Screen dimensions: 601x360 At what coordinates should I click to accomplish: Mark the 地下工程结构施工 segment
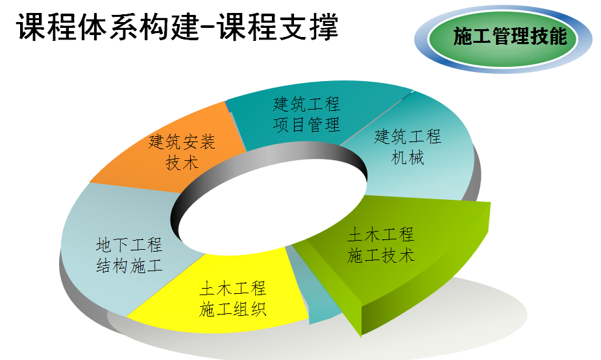point(123,253)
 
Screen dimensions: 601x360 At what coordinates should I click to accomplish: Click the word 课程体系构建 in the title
point(107,27)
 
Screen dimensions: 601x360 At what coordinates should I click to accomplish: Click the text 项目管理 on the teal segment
point(306,125)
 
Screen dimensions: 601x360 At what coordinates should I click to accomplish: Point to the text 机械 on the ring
point(408,157)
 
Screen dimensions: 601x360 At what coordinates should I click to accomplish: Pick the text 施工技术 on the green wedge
point(380,255)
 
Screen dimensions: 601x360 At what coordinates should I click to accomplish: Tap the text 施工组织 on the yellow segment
point(232,309)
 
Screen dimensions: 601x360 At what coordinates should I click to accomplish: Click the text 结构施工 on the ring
point(130,265)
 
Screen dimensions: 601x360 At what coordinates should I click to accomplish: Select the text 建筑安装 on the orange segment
point(182,141)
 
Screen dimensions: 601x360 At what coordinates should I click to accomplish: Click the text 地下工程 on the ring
point(130,245)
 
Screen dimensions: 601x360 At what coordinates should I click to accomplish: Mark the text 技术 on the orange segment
point(182,162)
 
